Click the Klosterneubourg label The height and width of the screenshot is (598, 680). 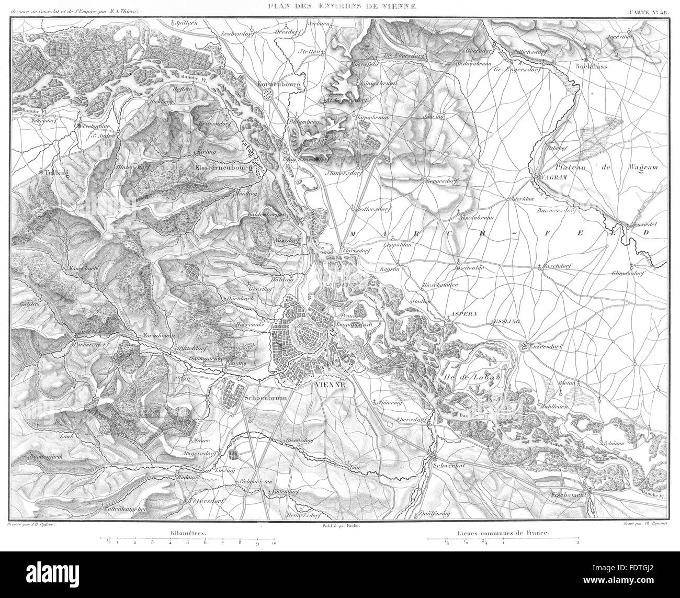tap(219, 163)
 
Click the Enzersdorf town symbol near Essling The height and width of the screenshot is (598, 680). tap(524, 346)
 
